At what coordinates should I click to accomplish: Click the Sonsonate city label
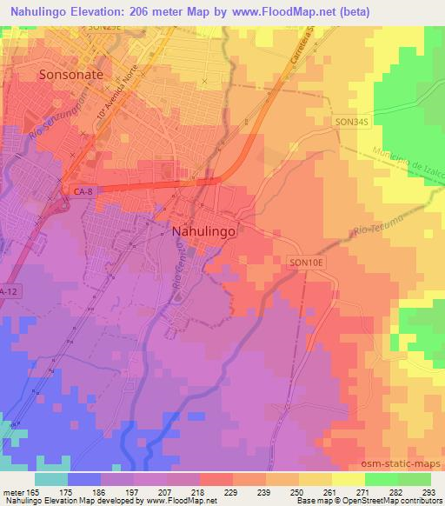pyautogui.click(x=71, y=75)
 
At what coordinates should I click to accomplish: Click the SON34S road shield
pyautogui.click(x=353, y=124)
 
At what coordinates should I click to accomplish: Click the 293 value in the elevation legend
pyautogui.click(x=430, y=491)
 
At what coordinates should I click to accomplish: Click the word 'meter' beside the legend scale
pyautogui.click(x=13, y=491)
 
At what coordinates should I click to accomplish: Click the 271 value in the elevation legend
pyautogui.click(x=365, y=491)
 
